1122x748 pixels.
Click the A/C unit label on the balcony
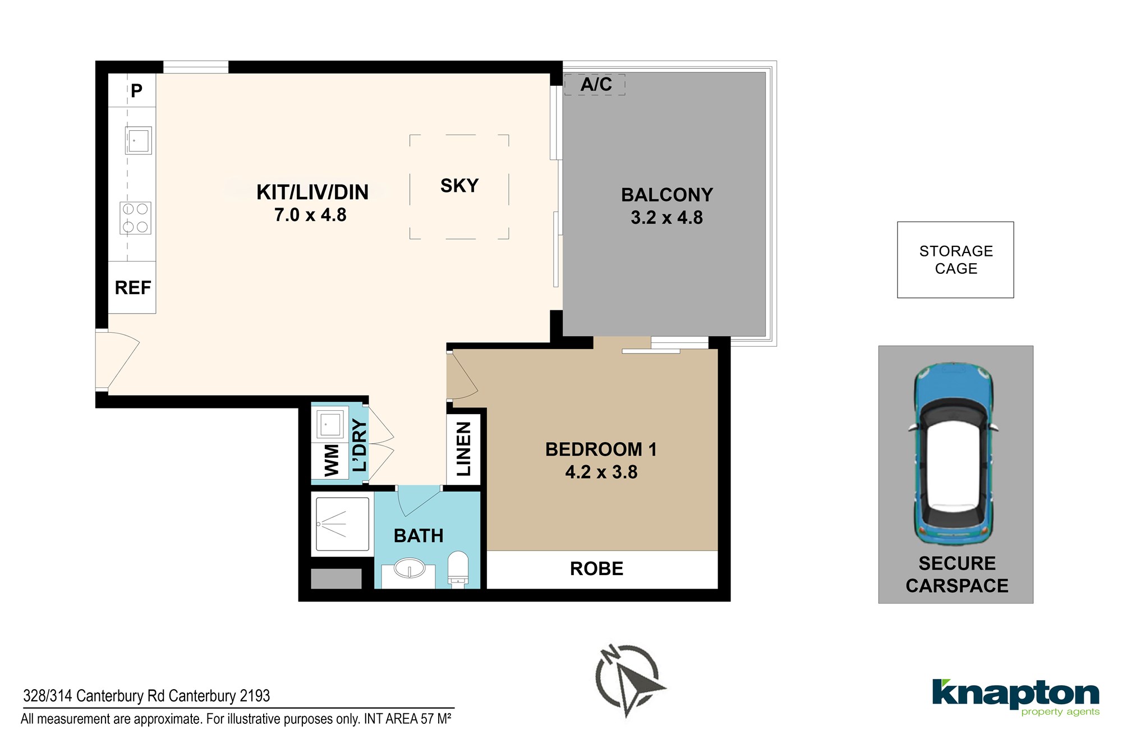(596, 84)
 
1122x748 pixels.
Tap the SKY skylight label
(459, 186)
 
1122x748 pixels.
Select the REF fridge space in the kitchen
(132, 287)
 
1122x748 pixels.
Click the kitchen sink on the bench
(138, 140)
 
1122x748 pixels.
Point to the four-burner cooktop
(135, 218)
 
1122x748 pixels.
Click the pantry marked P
(132, 90)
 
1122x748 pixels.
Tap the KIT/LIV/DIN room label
(312, 192)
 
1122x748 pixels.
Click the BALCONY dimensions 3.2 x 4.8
(666, 218)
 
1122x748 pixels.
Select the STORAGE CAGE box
(955, 260)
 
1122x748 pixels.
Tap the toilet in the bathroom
(458, 569)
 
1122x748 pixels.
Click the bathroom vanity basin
(410, 568)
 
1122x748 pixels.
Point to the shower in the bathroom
(342, 524)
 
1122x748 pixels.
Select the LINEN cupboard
(464, 449)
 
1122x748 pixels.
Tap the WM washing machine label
(332, 460)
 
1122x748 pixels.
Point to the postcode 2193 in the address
(255, 696)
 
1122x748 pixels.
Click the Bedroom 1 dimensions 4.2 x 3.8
(601, 472)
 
